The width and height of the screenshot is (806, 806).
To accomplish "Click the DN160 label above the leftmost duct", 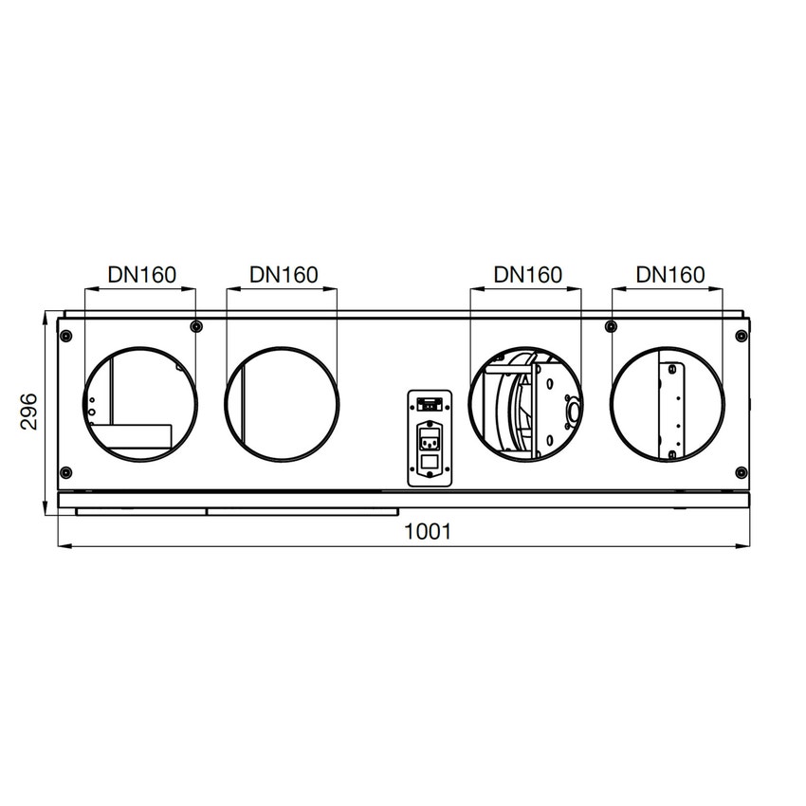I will coord(141,275).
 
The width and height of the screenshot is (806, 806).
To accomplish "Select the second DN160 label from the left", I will coord(284,275).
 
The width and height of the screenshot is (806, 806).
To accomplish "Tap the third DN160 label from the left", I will coord(528,275).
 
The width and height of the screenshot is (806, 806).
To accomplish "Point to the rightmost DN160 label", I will coord(670,275).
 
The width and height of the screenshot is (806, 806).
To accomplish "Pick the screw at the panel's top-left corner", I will coord(65,333).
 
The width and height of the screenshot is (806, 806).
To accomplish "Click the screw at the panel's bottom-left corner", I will coord(65,472).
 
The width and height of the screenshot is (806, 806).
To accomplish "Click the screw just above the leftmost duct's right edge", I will coord(195,327).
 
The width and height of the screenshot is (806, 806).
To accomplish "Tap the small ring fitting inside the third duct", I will coord(572,412).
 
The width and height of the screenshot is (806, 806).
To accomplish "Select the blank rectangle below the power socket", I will coord(428,464).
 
